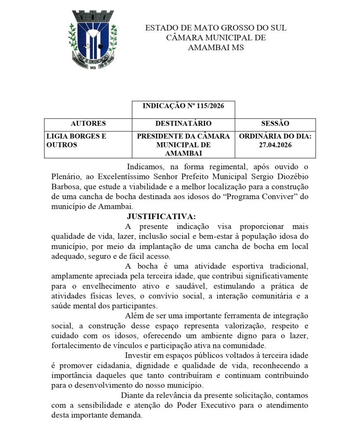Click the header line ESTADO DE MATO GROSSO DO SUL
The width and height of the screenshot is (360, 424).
pyautogui.click(x=215, y=28)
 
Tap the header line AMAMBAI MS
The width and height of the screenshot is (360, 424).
pyautogui.click(x=215, y=47)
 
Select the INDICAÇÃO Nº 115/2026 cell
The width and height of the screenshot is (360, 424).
pyautogui.click(x=183, y=106)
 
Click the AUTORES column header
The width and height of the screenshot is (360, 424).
pyautogui.click(x=88, y=123)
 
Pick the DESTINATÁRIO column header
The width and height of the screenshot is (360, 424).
pyautogui.click(x=183, y=123)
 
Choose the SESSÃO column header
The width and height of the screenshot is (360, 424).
pyautogui.click(x=275, y=123)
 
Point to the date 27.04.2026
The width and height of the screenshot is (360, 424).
pyautogui.click(x=275, y=145)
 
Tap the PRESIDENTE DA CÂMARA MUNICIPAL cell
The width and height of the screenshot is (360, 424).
pyautogui.click(x=183, y=145)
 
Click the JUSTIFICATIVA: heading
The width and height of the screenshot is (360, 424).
pyautogui.click(x=161, y=217)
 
